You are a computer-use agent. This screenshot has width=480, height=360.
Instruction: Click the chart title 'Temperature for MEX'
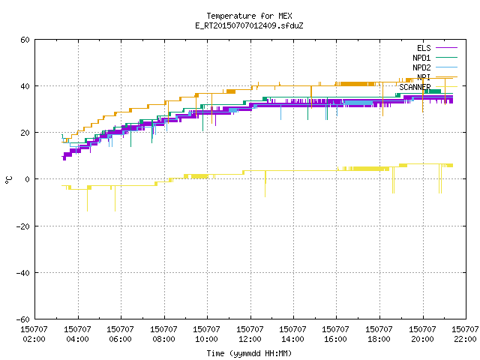point(249,16)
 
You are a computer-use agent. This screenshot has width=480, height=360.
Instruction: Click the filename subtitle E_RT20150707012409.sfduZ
point(249,25)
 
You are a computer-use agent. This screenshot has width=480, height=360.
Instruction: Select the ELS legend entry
point(436,48)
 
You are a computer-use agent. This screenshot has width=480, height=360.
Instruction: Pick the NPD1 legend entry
point(435,58)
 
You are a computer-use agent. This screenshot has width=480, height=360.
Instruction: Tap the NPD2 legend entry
point(435,67)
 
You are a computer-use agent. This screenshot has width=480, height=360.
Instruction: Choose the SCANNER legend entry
point(428,87)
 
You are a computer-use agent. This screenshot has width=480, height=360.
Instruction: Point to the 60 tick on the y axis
point(25,40)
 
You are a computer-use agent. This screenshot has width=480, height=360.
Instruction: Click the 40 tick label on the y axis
point(25,86)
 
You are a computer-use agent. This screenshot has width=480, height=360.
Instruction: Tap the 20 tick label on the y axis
point(25,133)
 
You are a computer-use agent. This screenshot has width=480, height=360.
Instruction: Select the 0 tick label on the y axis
point(28,179)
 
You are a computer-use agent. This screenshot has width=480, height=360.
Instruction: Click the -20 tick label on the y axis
point(23,226)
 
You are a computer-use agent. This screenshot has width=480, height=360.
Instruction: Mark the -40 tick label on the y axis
point(23,273)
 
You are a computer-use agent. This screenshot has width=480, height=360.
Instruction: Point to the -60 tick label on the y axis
point(23,319)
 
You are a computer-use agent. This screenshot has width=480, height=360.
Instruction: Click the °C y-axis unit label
point(8,179)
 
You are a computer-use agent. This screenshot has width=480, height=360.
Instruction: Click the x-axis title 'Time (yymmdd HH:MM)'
point(249,353)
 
